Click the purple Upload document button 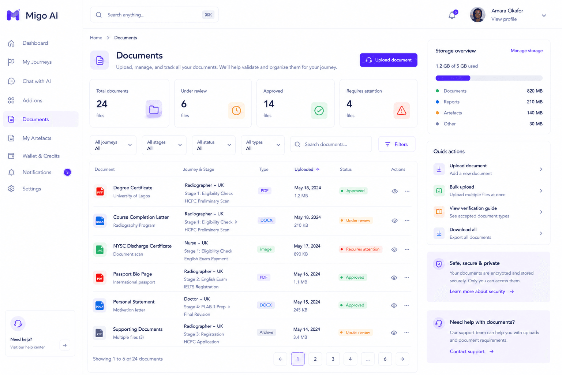coord(388,60)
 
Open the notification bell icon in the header coord(452,15)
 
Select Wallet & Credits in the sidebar coord(41,156)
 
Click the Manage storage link coord(527,51)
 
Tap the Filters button coord(397,144)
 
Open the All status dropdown coord(214,145)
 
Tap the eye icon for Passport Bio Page coord(394,278)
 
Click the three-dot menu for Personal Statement coord(406,305)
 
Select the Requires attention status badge coord(360,249)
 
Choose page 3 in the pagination coord(333,359)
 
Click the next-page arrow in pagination coord(402,359)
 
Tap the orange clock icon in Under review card coord(236,111)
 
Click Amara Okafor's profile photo coord(477,15)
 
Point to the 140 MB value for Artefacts coord(535,113)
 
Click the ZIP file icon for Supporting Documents coord(100,333)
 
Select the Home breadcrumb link coord(96,38)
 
